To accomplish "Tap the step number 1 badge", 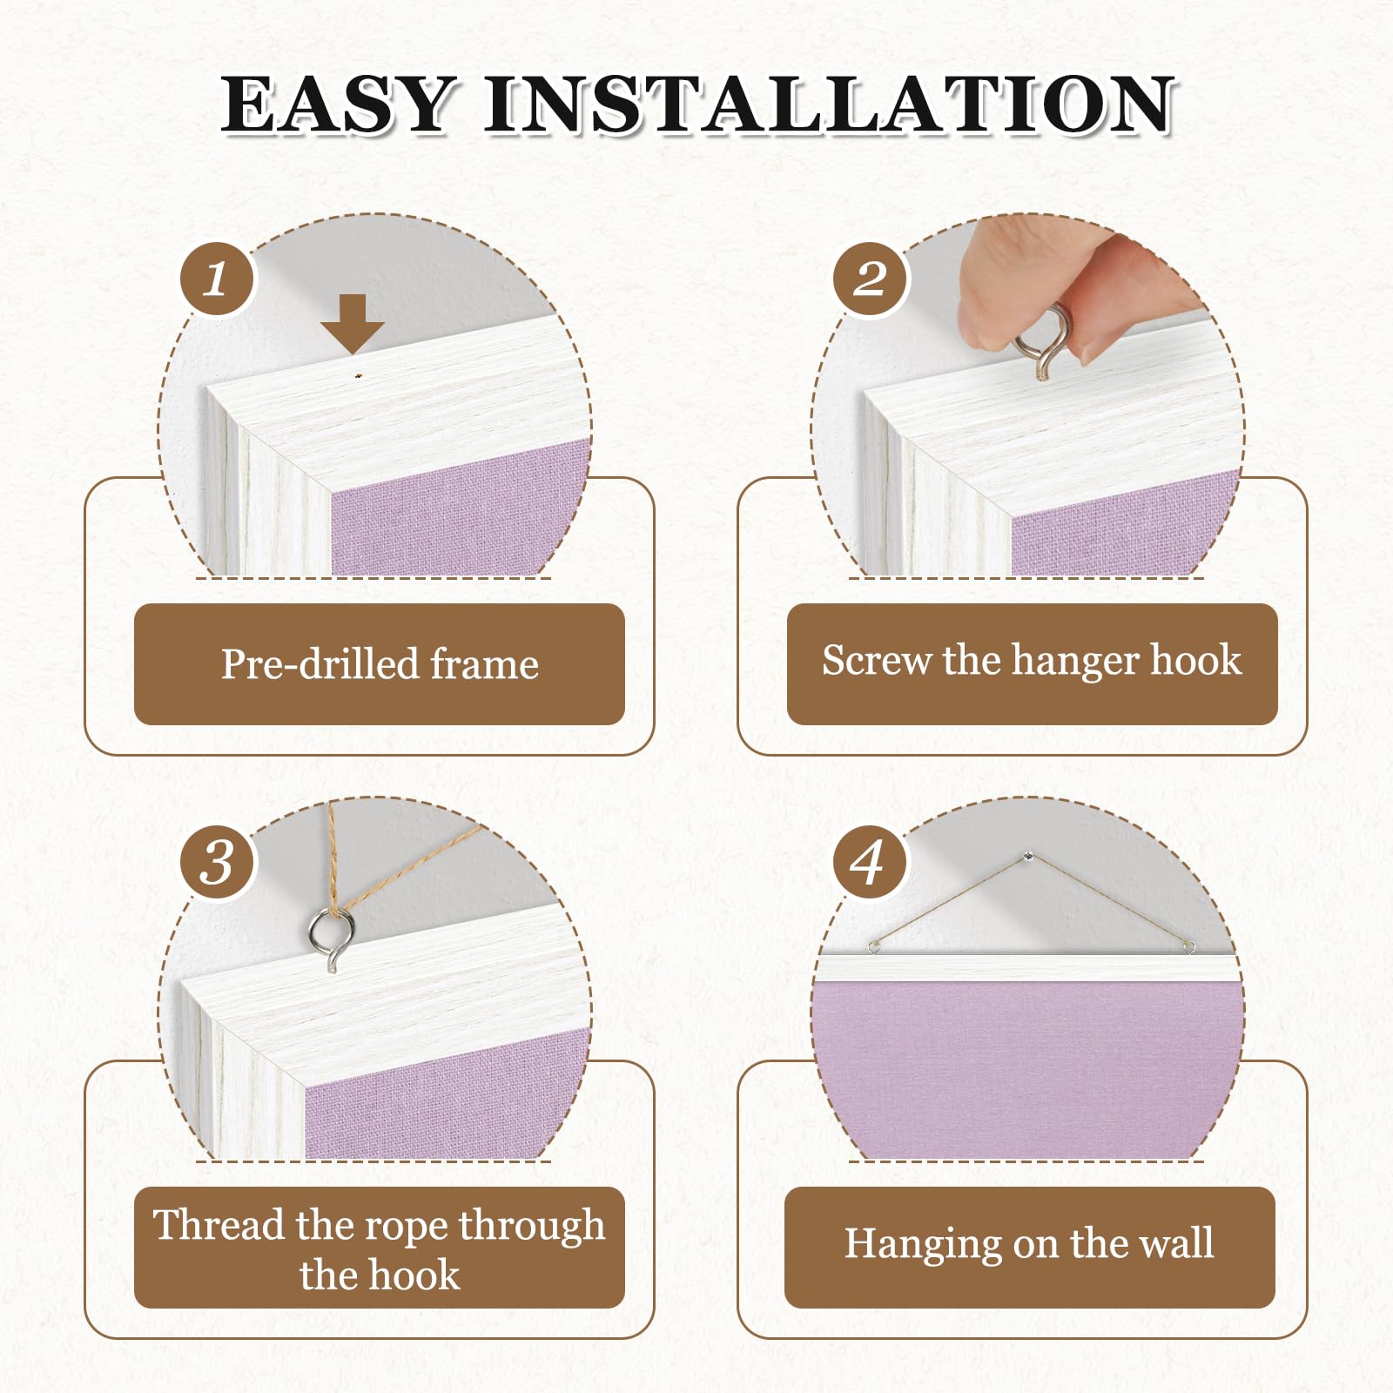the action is point(217,279).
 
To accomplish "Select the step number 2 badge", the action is point(870,279).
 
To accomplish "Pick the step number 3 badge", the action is point(217,863).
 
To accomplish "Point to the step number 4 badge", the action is point(870,863).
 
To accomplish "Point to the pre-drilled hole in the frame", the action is point(357,377).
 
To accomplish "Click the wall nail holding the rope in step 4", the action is point(1030,858).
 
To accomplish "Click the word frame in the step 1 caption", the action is point(485,664).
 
